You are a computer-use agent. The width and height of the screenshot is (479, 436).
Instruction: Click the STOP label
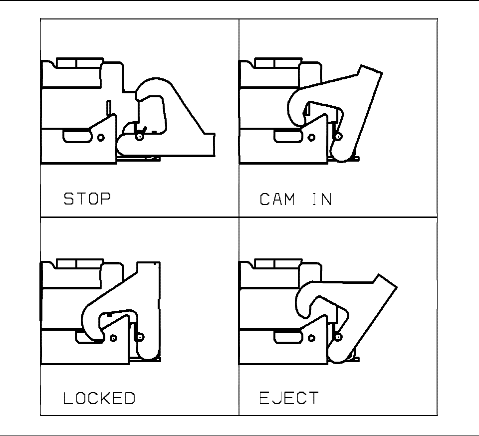click(87, 199)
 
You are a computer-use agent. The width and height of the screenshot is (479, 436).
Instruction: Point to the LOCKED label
click(99, 398)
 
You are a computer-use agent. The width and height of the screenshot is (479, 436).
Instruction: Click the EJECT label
click(288, 398)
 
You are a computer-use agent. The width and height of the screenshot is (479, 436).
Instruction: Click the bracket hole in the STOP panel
click(101, 137)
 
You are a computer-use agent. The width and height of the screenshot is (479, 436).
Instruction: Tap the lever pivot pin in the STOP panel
click(140, 134)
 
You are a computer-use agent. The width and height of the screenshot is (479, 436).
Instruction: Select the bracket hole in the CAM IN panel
click(313, 137)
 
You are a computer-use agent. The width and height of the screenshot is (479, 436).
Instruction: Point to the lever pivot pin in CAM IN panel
click(339, 137)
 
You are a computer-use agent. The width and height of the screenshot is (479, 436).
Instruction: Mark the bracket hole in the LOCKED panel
click(114, 337)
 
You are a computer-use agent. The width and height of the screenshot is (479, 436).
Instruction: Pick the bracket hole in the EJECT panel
click(313, 337)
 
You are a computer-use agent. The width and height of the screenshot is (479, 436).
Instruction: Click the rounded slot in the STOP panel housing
click(76, 134)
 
